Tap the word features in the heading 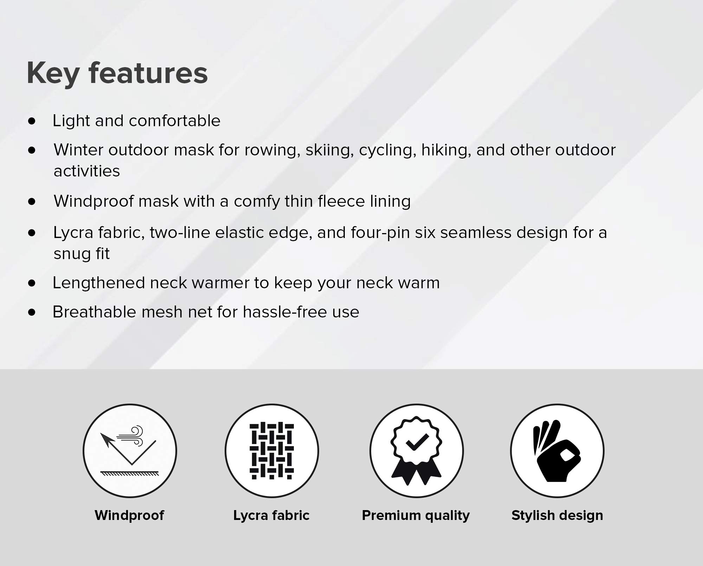(x=148, y=73)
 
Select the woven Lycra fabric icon (x=272, y=451)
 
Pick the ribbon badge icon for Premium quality (x=417, y=451)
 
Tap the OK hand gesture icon (x=557, y=451)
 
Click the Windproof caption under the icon (x=129, y=515)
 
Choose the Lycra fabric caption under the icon (x=271, y=516)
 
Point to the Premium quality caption (x=416, y=516)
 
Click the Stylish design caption (x=557, y=516)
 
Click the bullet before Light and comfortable (x=32, y=121)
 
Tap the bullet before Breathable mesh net (x=32, y=312)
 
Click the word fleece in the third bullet (x=341, y=201)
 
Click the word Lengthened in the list (x=98, y=283)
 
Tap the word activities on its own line (x=87, y=171)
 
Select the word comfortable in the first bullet (x=175, y=121)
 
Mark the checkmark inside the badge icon (x=417, y=442)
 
